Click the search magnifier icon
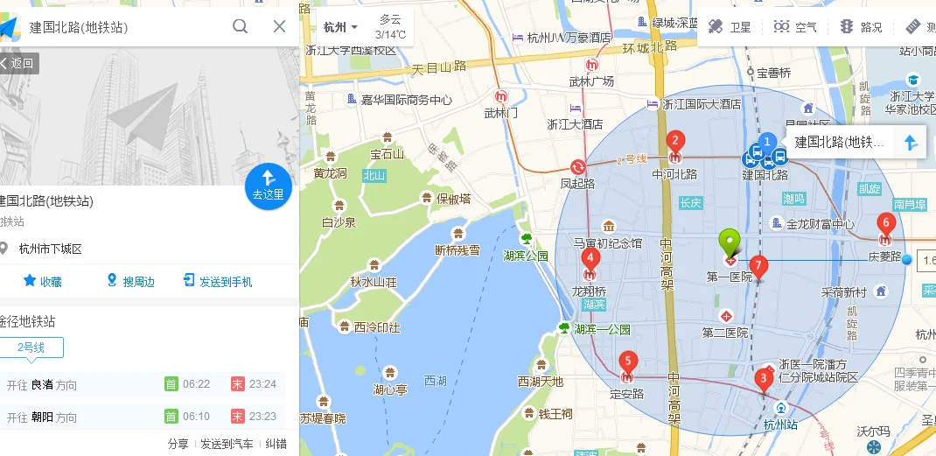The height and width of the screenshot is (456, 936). [x=240, y=26]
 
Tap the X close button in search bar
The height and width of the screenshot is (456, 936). [x=279, y=26]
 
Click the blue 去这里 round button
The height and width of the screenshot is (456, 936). [x=268, y=185]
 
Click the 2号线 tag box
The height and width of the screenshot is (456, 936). [x=31, y=347]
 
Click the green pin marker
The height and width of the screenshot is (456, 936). [x=729, y=241]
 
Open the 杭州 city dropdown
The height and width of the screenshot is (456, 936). [x=340, y=27]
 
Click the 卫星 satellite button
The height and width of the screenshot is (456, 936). [x=730, y=27]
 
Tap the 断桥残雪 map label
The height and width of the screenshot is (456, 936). [x=458, y=249]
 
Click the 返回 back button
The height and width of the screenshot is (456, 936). [x=17, y=63]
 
